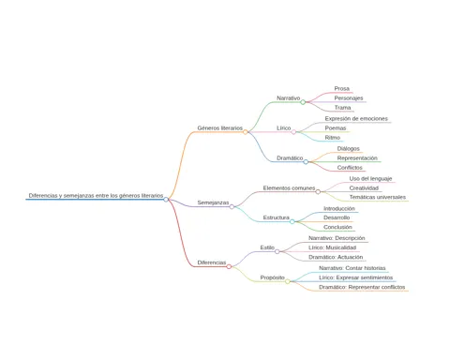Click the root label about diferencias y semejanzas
click(96, 196)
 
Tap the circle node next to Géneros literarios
click(246, 132)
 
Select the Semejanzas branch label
click(213, 202)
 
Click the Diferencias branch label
click(212, 262)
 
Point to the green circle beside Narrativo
click(303, 102)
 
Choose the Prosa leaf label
click(342, 89)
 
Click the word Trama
click(342, 108)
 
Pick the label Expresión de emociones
click(356, 119)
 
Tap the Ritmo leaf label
click(333, 138)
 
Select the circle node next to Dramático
click(306, 162)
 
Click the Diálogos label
click(349, 149)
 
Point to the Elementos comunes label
click(289, 188)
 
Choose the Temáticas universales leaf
click(378, 197)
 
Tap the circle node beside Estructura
click(292, 221)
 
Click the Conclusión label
click(337, 227)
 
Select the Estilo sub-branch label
click(267, 247)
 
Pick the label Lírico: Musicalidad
click(332, 247)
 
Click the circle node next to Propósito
click(288, 281)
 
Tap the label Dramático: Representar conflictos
click(362, 287)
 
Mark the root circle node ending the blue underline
click(166, 200)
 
